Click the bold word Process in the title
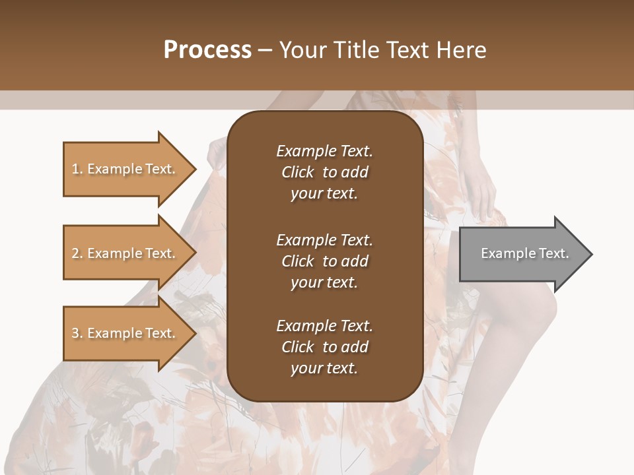207,50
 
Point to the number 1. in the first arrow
77,169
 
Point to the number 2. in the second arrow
77,253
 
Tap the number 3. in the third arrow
77,333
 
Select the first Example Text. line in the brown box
324,151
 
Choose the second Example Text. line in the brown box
324,240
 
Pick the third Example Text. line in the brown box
324,326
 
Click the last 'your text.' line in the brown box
324,369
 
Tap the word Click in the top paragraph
297,172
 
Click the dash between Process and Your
265,50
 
